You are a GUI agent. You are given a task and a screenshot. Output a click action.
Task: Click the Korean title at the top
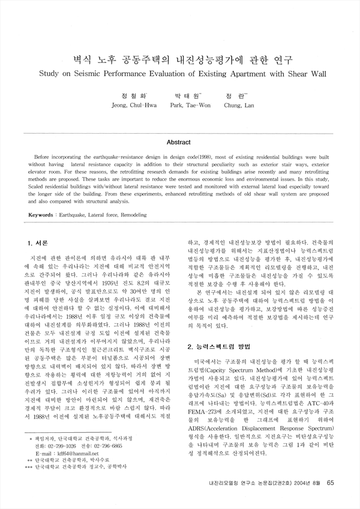tap(179, 60)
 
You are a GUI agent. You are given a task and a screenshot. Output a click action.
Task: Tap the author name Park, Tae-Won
tap(187, 105)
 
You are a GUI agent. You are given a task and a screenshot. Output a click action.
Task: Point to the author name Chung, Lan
tap(239, 105)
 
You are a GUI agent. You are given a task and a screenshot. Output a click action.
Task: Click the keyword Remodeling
tap(137, 214)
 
